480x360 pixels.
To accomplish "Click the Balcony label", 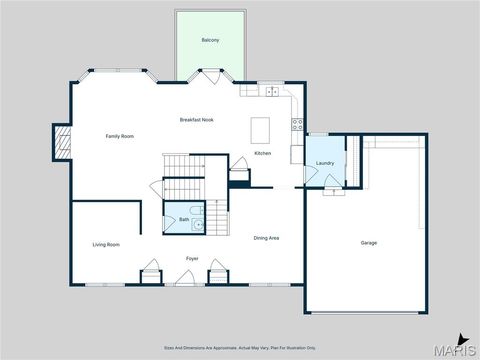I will pyautogui.click(x=210, y=39).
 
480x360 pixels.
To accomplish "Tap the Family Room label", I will pyautogui.click(x=120, y=136).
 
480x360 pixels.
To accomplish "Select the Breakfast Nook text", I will pyautogui.click(x=196, y=120).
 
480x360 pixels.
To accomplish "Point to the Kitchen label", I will pyautogui.click(x=262, y=153).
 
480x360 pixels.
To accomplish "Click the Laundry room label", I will pyautogui.click(x=324, y=162).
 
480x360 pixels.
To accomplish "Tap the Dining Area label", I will pyautogui.click(x=265, y=238).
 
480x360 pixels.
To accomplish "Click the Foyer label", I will pyautogui.click(x=191, y=259).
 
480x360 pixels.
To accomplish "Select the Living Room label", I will pyautogui.click(x=106, y=244).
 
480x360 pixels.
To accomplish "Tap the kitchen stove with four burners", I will pyautogui.click(x=297, y=124).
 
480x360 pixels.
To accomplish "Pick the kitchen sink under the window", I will pyautogui.click(x=272, y=91).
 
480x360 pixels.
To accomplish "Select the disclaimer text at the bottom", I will pyautogui.click(x=240, y=347).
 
